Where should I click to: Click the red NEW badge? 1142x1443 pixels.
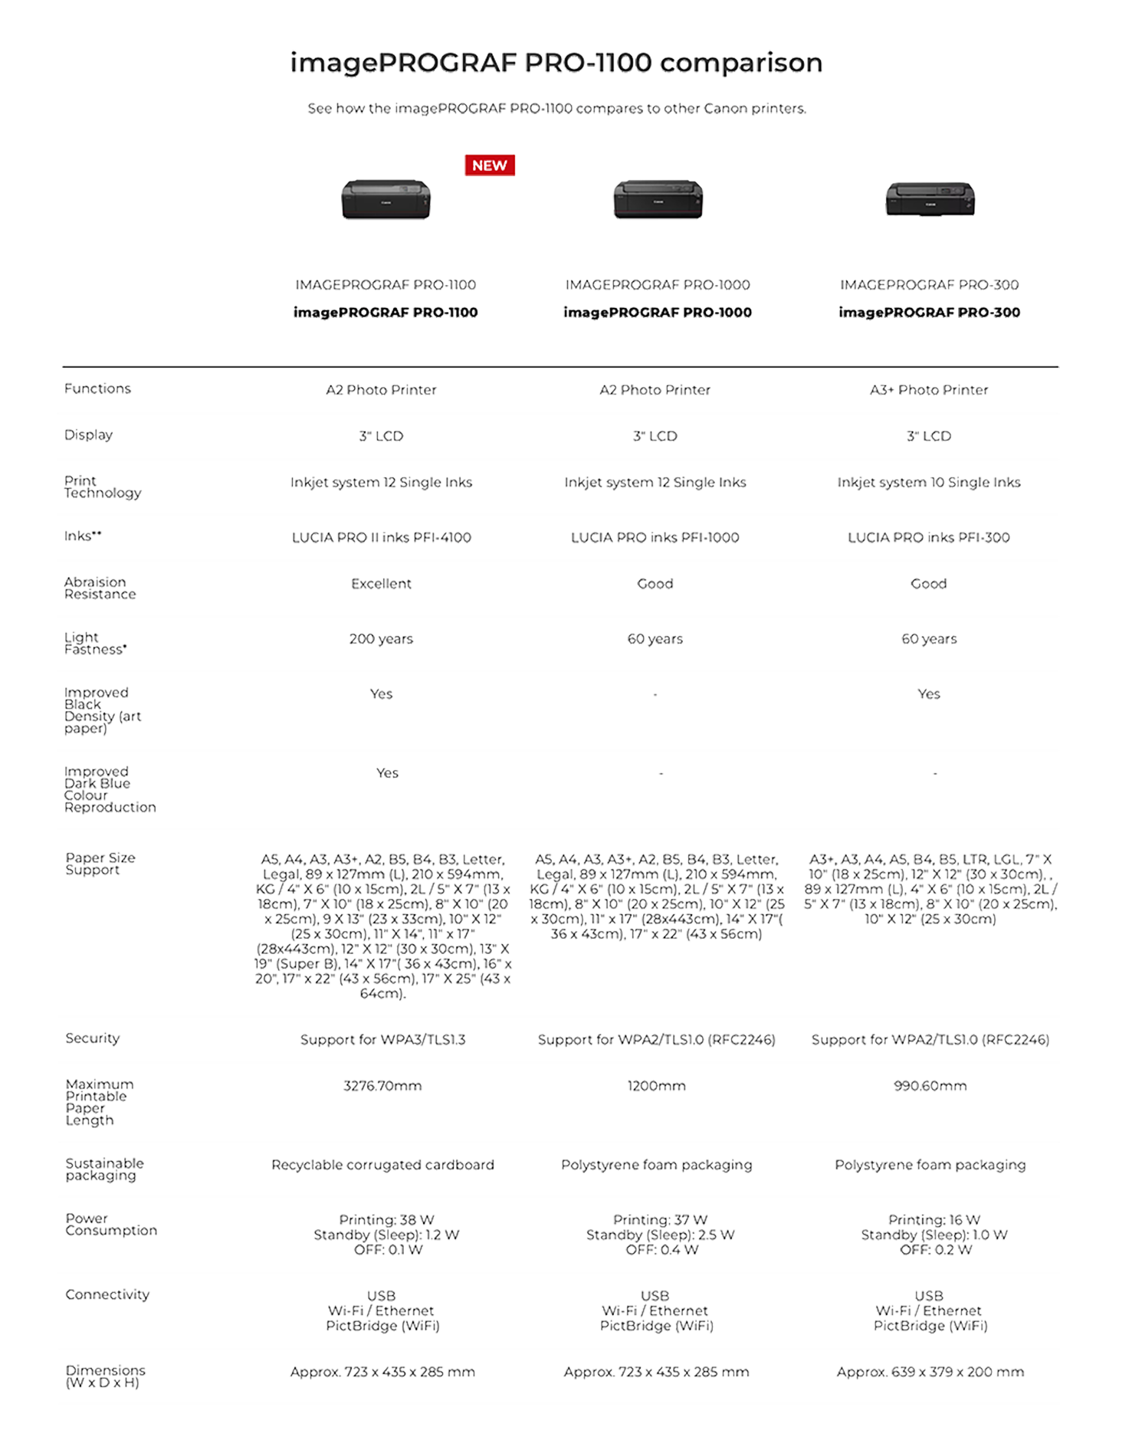pyautogui.click(x=489, y=165)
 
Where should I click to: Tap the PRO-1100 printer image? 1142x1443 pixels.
pyautogui.click(x=386, y=199)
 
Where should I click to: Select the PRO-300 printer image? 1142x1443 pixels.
pyautogui.click(x=930, y=198)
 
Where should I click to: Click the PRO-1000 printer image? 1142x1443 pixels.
pyautogui.click(x=658, y=199)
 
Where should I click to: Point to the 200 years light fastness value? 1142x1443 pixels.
pyautogui.click(x=382, y=639)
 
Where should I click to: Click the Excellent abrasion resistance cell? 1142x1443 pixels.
pyautogui.click(x=382, y=584)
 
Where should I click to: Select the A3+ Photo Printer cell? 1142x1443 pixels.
pyautogui.click(x=928, y=391)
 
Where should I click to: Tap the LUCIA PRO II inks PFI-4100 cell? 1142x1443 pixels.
pyautogui.click(x=382, y=538)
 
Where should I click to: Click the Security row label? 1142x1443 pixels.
pyautogui.click(x=93, y=1038)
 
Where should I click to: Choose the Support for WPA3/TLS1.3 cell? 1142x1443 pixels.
pyautogui.click(x=382, y=1040)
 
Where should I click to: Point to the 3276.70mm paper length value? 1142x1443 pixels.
pyautogui.click(x=382, y=1086)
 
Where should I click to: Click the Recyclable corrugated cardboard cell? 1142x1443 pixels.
pyautogui.click(x=382, y=1165)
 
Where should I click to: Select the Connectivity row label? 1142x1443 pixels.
pyautogui.click(x=107, y=1294)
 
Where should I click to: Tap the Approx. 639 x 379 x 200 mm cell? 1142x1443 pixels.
pyautogui.click(x=930, y=1372)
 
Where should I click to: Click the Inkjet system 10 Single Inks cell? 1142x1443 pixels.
pyautogui.click(x=928, y=483)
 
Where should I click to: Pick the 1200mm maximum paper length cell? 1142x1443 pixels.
pyautogui.click(x=656, y=1086)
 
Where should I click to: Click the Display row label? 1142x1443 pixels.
pyautogui.click(x=89, y=435)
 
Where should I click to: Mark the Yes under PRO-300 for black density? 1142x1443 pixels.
pyautogui.click(x=928, y=694)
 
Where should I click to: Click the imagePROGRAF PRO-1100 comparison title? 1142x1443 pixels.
pyautogui.click(x=556, y=63)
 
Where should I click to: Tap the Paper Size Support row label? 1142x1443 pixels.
pyautogui.click(x=100, y=864)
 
